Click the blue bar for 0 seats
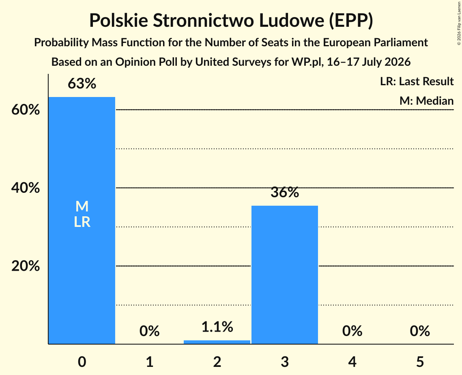(x=82, y=220)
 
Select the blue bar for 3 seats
(x=285, y=275)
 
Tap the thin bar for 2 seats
(x=217, y=342)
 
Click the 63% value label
(x=82, y=84)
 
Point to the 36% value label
(x=285, y=192)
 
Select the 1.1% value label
(x=217, y=327)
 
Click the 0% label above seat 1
(x=149, y=331)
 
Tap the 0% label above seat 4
(x=352, y=331)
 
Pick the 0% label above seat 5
(x=420, y=331)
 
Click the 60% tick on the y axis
(x=26, y=110)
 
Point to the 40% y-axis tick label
(x=26, y=188)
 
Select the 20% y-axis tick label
(x=26, y=266)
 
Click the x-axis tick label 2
(x=217, y=362)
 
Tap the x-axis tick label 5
(x=420, y=362)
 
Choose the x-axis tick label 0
(x=82, y=362)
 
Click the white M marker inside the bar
(x=82, y=206)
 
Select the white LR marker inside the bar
(x=82, y=222)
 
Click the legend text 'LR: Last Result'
(x=417, y=81)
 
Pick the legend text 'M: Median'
(x=426, y=101)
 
